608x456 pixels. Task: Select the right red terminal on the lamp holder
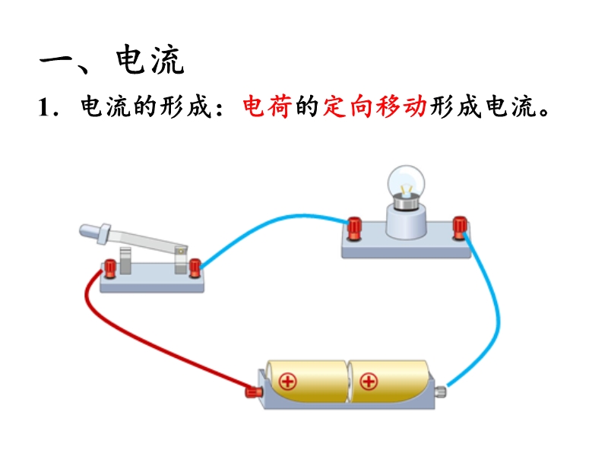tap(459, 226)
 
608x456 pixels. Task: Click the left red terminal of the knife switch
tap(110, 268)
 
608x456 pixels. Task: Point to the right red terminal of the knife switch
tap(195, 267)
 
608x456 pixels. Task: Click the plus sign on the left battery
tap(288, 382)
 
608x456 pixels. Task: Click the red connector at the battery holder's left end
tap(253, 392)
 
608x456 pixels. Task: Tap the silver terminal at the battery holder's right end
tap(440, 391)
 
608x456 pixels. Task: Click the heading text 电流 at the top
tap(150, 61)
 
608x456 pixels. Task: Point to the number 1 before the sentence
tap(44, 108)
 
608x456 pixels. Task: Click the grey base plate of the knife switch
tap(152, 283)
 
